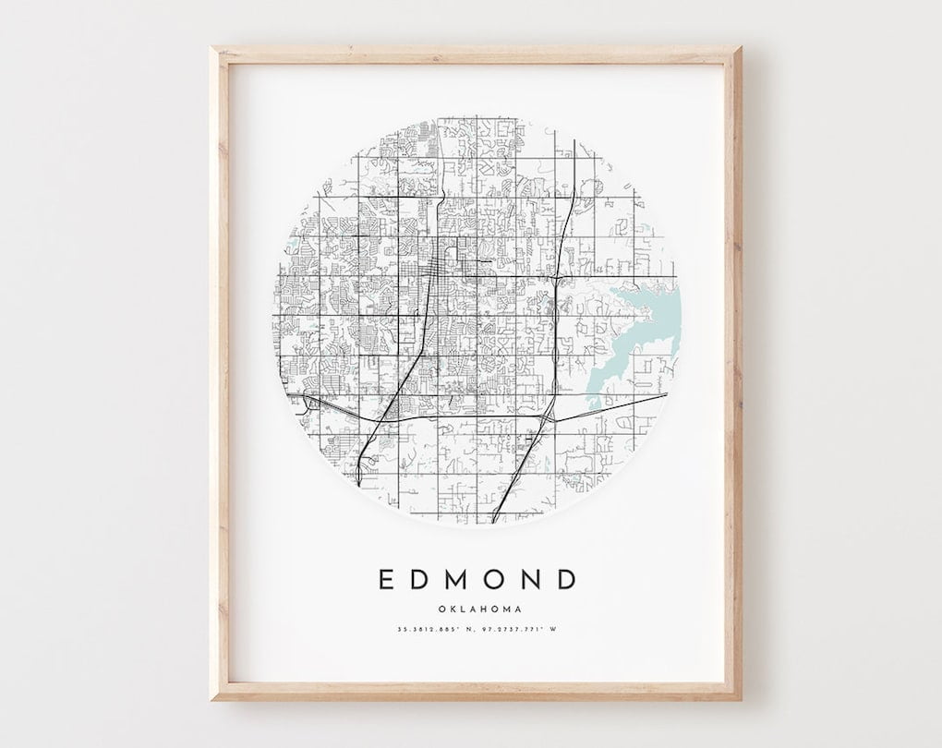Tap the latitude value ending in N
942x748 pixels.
click(436, 630)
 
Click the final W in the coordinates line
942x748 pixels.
click(558, 630)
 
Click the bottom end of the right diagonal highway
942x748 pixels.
click(495, 520)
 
